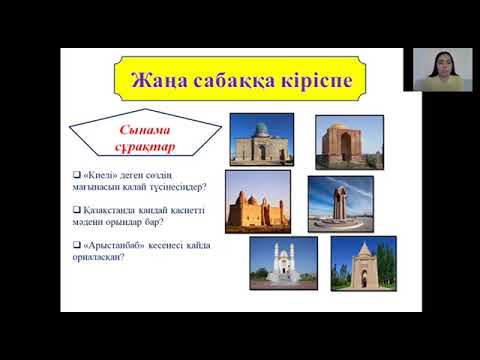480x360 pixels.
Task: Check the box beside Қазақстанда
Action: click(x=63, y=211)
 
